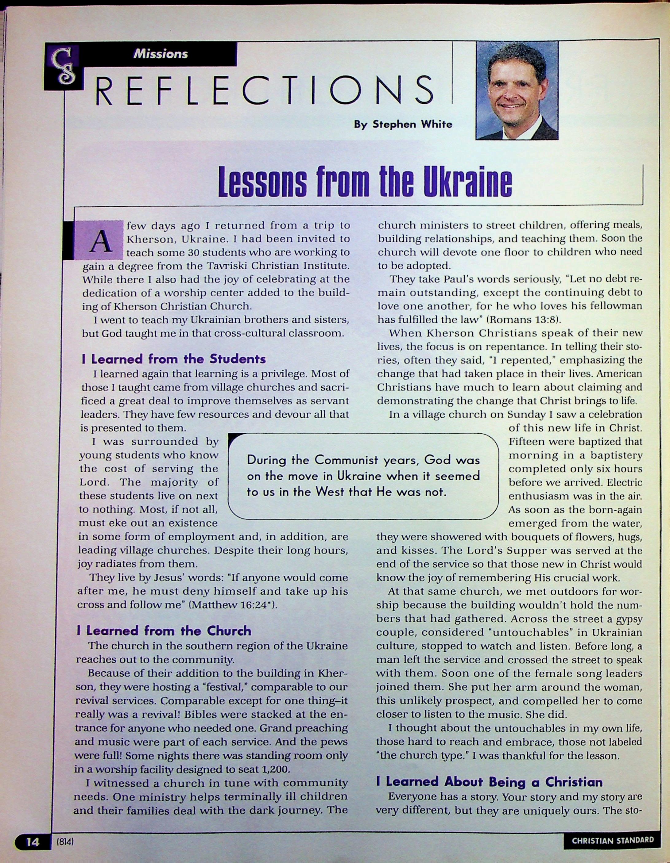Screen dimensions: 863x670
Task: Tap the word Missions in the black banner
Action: point(161,54)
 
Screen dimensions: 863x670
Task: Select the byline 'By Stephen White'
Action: point(403,125)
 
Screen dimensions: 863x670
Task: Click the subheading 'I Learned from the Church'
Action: point(164,630)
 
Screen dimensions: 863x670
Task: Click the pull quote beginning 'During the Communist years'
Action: point(363,476)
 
